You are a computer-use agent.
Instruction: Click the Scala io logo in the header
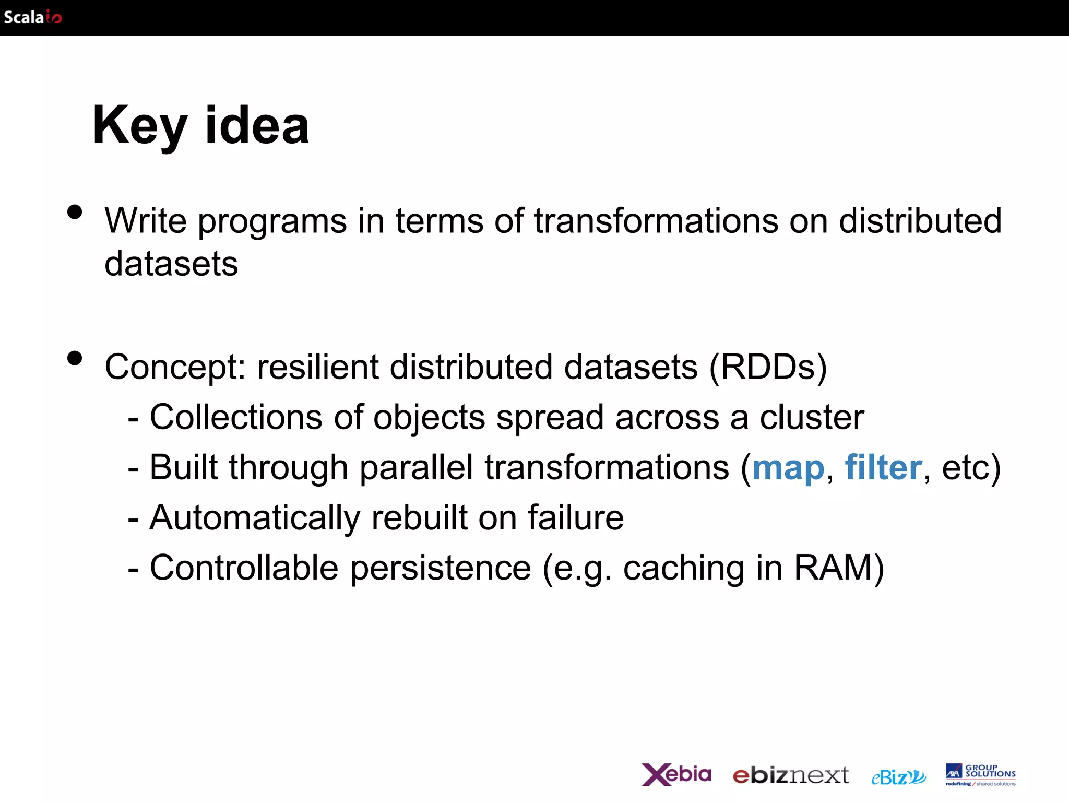(x=33, y=17)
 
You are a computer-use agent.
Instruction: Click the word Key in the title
(x=139, y=126)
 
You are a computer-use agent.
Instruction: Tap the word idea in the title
(x=257, y=126)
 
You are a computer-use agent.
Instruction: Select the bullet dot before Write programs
(x=75, y=212)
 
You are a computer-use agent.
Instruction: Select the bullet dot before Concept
(x=75, y=358)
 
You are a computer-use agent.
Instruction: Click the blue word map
(x=788, y=468)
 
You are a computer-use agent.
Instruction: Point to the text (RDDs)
(x=768, y=367)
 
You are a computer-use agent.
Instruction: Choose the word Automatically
(x=255, y=518)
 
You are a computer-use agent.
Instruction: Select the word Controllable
(x=244, y=568)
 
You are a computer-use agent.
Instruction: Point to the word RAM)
(x=839, y=568)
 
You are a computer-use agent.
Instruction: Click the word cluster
(x=812, y=417)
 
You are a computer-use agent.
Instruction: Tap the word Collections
(x=236, y=417)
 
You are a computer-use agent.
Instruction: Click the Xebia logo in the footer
(x=676, y=774)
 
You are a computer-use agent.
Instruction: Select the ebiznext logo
(x=791, y=775)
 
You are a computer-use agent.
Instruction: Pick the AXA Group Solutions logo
(x=980, y=775)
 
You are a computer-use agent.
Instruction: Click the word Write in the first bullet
(x=146, y=221)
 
